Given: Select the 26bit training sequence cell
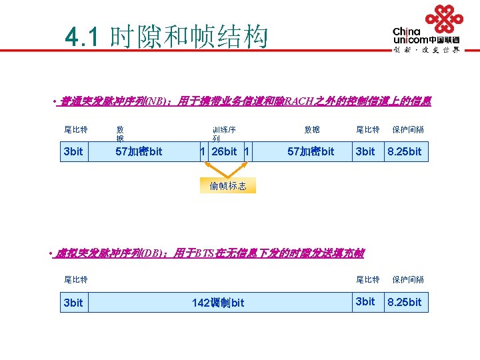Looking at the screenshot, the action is pos(223,152).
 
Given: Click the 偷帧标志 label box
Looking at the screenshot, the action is pos(227,186).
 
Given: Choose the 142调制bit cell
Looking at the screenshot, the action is pos(218,303).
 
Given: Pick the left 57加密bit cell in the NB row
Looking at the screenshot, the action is pos(139,152).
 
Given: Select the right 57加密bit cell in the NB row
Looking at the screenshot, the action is pos(311,152).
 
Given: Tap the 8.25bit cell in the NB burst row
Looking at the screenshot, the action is pos(405,152).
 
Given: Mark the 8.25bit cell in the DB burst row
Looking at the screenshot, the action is pos(405,302).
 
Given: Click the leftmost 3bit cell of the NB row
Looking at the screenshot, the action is pos(73,152).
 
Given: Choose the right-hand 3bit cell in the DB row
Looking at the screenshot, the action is pos(365,302).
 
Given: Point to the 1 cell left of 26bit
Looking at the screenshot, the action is pos(203,152).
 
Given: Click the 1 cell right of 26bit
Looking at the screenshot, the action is pos(247,152).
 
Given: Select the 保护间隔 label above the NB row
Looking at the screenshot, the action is pos(408,129).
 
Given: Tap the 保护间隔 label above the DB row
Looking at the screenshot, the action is pos(408,279).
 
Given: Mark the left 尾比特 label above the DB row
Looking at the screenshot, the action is pos(75,279).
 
